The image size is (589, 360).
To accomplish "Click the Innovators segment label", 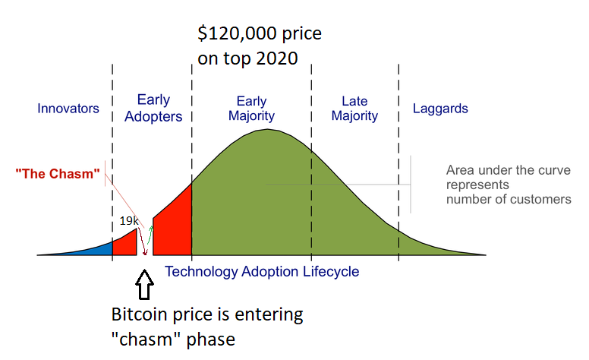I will pyautogui.click(x=68, y=109).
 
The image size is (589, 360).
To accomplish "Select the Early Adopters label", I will pyautogui.click(x=153, y=108).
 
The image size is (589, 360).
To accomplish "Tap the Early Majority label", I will pyautogui.click(x=251, y=109).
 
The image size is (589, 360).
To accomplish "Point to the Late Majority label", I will pyautogui.click(x=354, y=109).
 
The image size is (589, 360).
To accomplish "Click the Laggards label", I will pyautogui.click(x=440, y=109).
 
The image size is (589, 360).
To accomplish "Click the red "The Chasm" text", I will pyautogui.click(x=58, y=174).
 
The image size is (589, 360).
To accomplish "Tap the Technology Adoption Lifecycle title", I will pyautogui.click(x=262, y=271).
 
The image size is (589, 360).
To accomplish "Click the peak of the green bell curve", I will pyautogui.click(x=266, y=131).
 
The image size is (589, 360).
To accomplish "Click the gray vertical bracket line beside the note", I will pyautogui.click(x=411, y=185).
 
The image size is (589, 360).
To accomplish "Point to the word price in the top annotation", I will pyautogui.click(x=299, y=34).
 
